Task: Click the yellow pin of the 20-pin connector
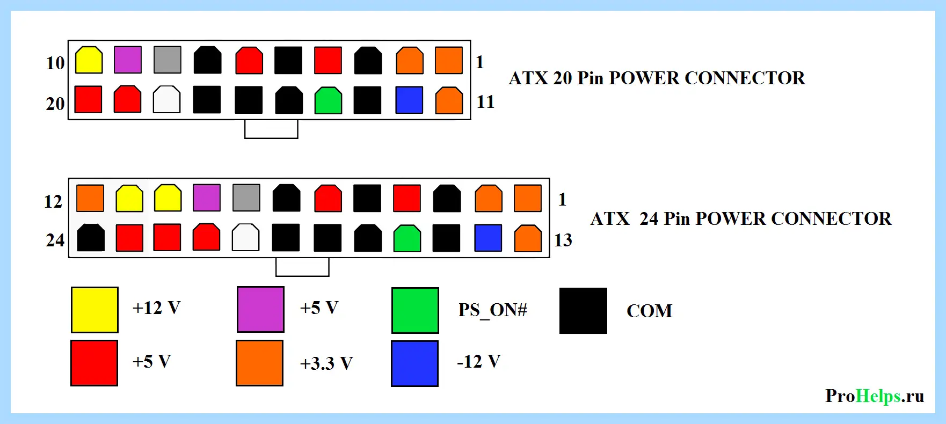(89, 60)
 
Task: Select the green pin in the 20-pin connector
(328, 100)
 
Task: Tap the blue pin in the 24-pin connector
(488, 238)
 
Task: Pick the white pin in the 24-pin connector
(245, 238)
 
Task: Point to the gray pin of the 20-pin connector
(168, 60)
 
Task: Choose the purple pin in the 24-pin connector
(207, 198)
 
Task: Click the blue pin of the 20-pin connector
(409, 100)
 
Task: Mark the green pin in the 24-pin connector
(407, 238)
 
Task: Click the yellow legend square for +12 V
(94, 310)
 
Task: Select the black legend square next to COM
(583, 311)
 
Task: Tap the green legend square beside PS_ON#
(415, 310)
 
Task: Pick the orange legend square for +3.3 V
(259, 363)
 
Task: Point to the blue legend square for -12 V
(414, 363)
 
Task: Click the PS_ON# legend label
(493, 310)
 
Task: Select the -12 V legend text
(479, 361)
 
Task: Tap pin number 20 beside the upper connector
(55, 104)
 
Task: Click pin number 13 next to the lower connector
(563, 240)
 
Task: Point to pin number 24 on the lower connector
(55, 240)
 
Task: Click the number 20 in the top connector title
(563, 78)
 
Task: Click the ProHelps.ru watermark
(875, 396)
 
